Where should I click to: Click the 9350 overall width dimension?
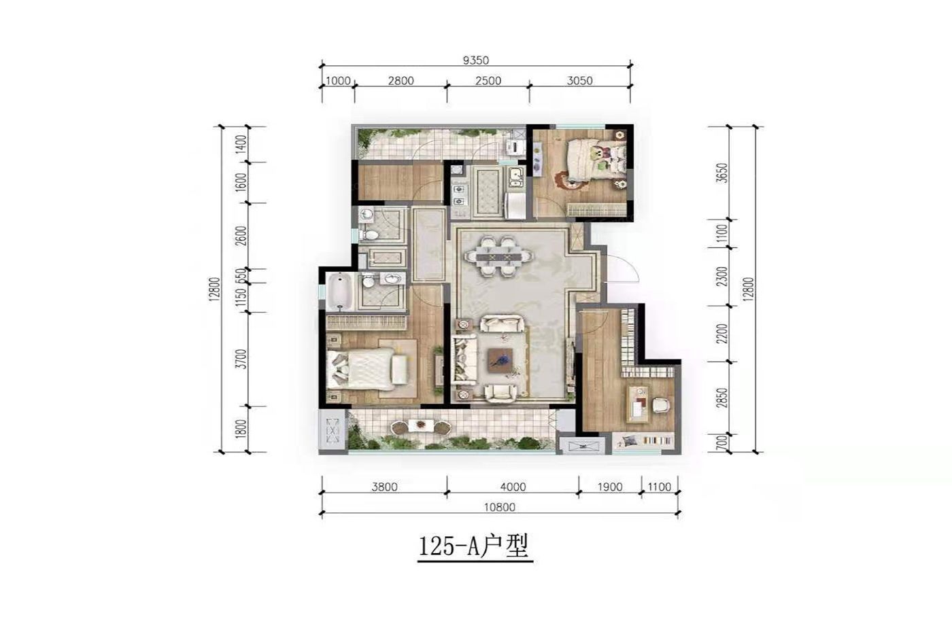click(x=475, y=60)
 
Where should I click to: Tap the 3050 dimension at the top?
click(x=579, y=81)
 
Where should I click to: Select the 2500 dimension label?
click(x=488, y=81)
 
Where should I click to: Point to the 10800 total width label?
click(x=499, y=507)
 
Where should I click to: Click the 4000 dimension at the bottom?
click(x=513, y=487)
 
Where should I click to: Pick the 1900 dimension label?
click(x=610, y=487)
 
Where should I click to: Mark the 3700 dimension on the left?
click(x=241, y=359)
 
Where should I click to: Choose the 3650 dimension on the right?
click(x=722, y=173)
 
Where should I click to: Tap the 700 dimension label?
click(x=722, y=444)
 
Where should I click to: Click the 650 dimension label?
click(x=241, y=276)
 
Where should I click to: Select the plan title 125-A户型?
click(x=474, y=546)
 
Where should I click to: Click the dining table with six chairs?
click(x=498, y=256)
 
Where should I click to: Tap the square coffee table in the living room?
click(x=500, y=360)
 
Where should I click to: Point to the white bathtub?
click(x=341, y=292)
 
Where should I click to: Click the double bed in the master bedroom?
click(x=367, y=368)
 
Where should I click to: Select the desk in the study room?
click(x=638, y=404)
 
